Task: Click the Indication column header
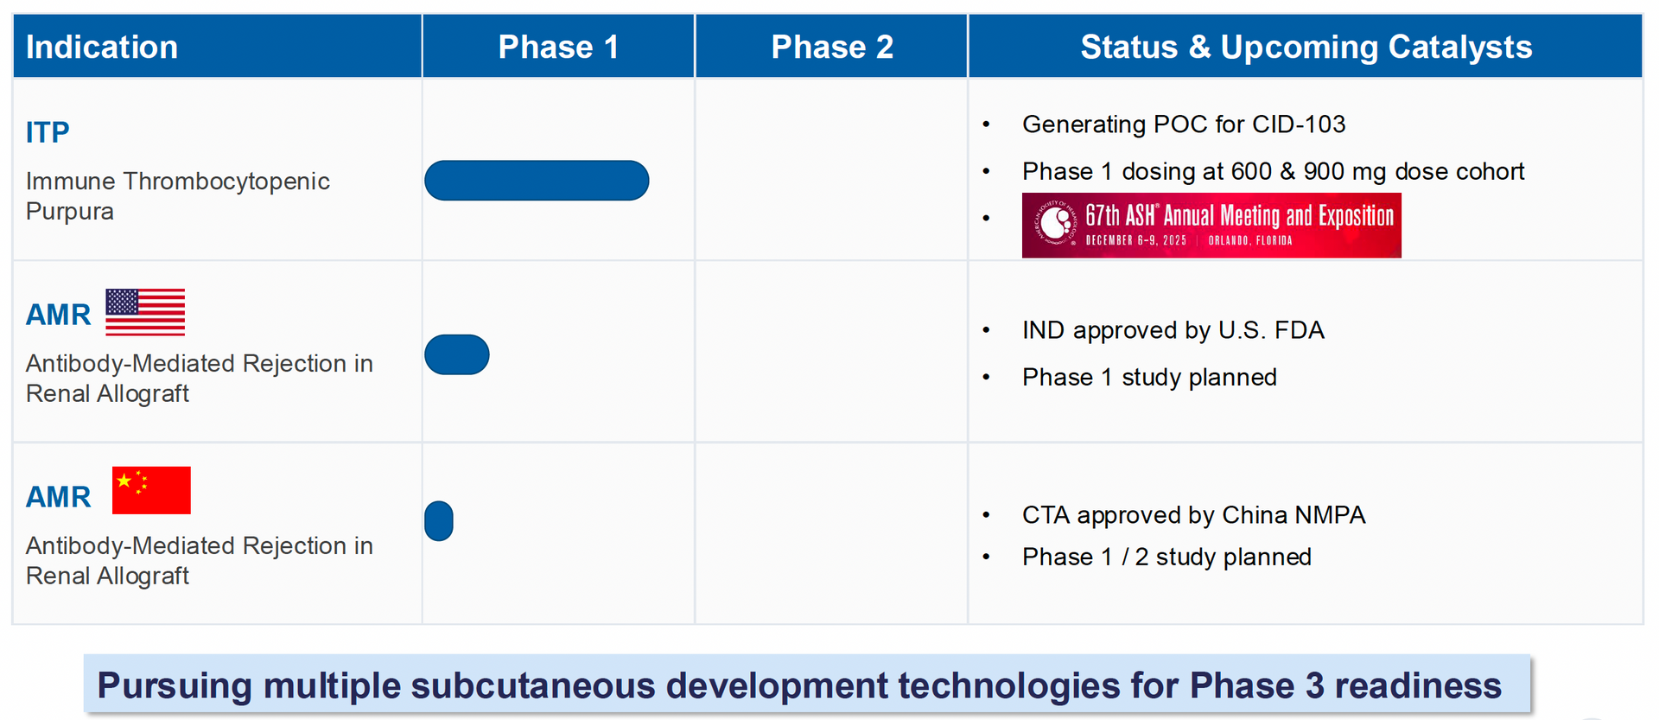[102, 47]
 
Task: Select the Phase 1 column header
[558, 47]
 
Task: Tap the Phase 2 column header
[832, 47]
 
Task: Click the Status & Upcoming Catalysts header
[1306, 47]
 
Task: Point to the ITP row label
[48, 132]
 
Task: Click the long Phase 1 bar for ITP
[537, 181]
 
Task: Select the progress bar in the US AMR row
[457, 354]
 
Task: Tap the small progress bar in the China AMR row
[439, 521]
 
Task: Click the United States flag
[145, 312]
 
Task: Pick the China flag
[151, 490]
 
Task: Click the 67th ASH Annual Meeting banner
[1211, 226]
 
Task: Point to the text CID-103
[1299, 124]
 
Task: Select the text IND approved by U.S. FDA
[1173, 331]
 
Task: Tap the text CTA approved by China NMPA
[1193, 515]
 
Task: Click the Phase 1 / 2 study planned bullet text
[1166, 557]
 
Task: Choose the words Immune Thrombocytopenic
[178, 182]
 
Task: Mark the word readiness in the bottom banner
[1418, 686]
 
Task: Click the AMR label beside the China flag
[58, 497]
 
